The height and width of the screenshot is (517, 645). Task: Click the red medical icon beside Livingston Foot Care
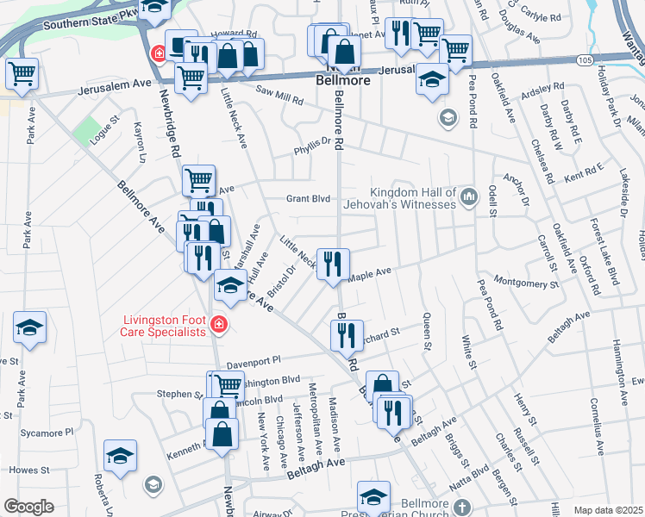219,324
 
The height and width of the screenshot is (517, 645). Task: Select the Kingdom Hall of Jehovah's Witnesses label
412,198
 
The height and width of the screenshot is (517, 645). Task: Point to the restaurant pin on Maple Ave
333,263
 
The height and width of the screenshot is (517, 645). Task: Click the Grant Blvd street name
309,198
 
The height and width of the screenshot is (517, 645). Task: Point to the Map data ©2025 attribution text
608,510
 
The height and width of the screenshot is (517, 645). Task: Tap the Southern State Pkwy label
80,16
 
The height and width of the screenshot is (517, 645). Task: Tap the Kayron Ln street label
139,142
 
